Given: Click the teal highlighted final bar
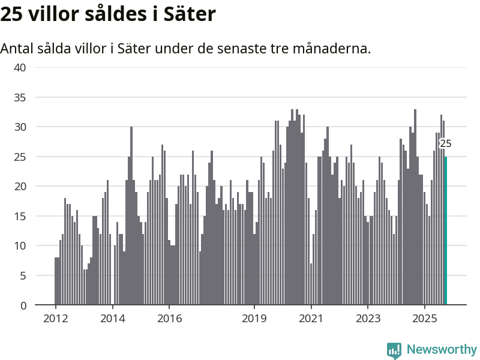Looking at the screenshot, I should (446, 231).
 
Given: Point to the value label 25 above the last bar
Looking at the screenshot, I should (445, 144).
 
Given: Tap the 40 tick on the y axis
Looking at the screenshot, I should (20, 67).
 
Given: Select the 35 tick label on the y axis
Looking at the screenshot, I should (20, 97).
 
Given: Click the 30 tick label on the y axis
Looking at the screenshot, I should (20, 127).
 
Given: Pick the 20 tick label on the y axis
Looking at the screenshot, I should (20, 186).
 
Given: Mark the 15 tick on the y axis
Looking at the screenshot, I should (20, 216).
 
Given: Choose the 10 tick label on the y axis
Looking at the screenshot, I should (20, 245).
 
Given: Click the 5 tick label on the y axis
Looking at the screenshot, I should (23, 275).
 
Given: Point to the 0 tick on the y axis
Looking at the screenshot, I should (23, 305).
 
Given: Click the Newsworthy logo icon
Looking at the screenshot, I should (394, 350).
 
